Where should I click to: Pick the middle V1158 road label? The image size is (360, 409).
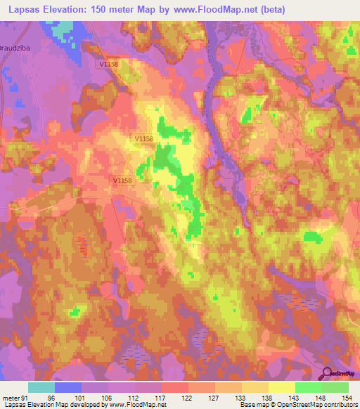click(x=144, y=139)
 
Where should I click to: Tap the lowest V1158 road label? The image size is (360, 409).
click(x=122, y=181)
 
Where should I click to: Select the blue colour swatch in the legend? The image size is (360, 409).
click(x=68, y=387)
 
